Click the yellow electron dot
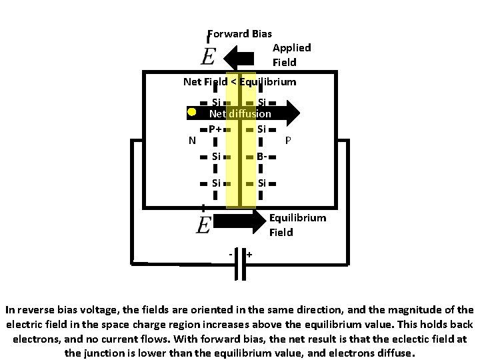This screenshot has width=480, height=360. tap(191, 112)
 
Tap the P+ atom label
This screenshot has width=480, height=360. tap(215, 129)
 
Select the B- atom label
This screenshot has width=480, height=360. tap(262, 157)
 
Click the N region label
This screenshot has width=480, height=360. tap(192, 140)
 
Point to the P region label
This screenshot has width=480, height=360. tap(288, 140)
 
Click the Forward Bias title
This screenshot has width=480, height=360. tap(240, 33)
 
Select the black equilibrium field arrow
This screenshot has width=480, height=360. tap(241, 223)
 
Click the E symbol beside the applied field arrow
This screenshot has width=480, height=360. tap(207, 56)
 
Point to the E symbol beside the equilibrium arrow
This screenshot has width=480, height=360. tap(204, 224)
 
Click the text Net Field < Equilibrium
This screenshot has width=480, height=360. tap(239, 82)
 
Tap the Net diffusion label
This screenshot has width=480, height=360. tap(240, 114)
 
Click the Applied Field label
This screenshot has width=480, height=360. tap(291, 55)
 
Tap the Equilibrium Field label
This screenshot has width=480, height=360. tap(297, 225)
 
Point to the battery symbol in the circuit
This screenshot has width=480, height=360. tap(240, 269)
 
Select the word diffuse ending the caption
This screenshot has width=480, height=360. tap(395, 353)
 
